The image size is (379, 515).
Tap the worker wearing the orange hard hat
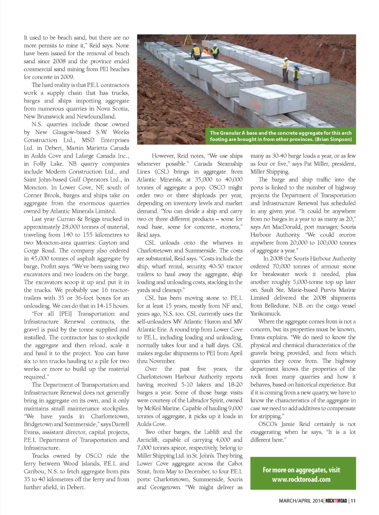point(206,50)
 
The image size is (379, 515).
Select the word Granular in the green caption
point(233,133)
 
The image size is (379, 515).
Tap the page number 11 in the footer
point(353,501)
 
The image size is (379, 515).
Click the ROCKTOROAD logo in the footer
point(336,501)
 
